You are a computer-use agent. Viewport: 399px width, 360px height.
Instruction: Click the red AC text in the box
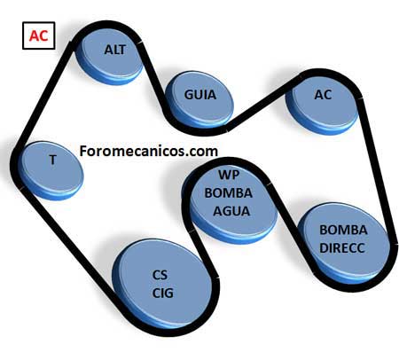pos(38,35)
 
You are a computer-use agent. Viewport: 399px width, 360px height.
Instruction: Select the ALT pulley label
pos(115,50)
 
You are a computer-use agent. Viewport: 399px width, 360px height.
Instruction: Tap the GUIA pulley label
pos(200,95)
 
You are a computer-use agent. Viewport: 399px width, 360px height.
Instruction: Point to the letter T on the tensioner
pos(52,160)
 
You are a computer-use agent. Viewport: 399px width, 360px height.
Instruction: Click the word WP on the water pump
pos(229,175)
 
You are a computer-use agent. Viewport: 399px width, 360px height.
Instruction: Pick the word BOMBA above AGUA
pos(229,193)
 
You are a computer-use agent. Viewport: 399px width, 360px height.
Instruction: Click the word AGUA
pos(231,211)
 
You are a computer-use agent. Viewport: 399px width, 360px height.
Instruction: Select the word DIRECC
pos(342,248)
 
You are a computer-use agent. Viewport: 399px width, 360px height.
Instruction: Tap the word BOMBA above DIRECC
pos(343,230)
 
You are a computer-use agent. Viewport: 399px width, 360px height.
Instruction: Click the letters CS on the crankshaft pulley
pos(160,275)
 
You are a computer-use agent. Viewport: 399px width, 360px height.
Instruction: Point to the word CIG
pos(163,293)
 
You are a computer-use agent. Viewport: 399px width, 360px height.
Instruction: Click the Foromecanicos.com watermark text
pos(149,151)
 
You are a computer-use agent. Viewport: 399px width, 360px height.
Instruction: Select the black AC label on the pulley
pos(323,95)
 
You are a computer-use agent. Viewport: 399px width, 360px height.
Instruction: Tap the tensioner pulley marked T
pos(51,171)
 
